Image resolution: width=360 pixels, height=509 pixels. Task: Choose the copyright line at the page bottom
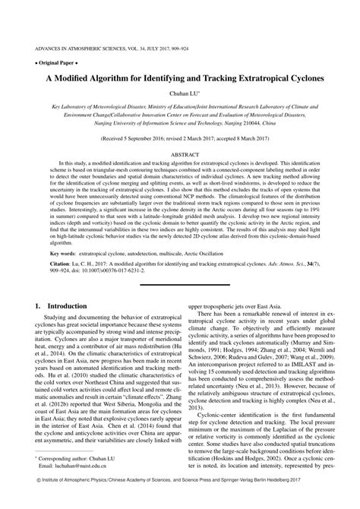point(179,501)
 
